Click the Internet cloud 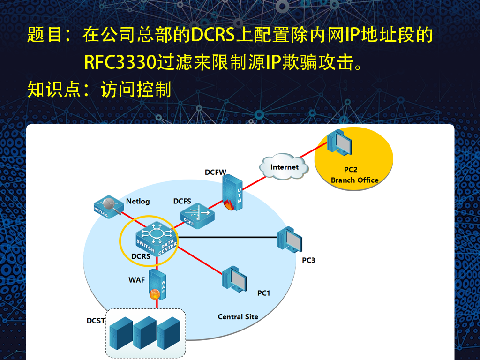tap(284, 166)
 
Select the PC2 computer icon tap(339, 142)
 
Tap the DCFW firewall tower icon tap(232, 192)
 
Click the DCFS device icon tap(197, 216)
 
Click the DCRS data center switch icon tap(157, 239)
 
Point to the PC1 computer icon tap(234, 279)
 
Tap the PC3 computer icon tap(290, 240)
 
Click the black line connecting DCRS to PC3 tap(228, 237)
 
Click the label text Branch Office tap(354, 180)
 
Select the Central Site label tap(238, 316)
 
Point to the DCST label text tap(96, 321)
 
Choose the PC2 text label tap(351, 170)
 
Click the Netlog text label tap(138, 201)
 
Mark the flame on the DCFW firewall tap(229, 205)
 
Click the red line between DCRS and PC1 tap(200, 260)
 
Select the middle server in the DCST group tap(145, 333)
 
